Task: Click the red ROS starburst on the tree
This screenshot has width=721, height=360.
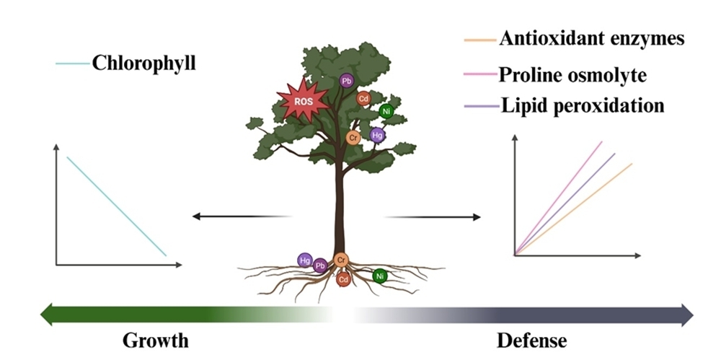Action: pyautogui.click(x=303, y=102)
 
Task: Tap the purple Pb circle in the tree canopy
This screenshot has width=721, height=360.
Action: pyautogui.click(x=347, y=81)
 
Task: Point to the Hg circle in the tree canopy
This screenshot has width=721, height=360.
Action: pyautogui.click(x=377, y=134)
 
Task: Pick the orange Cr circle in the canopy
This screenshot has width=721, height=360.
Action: pyautogui.click(x=353, y=137)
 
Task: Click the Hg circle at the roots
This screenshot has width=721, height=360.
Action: pyautogui.click(x=306, y=260)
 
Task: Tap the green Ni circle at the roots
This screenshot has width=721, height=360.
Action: pyautogui.click(x=380, y=275)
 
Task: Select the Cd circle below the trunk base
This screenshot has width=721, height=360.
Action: pyautogui.click(x=343, y=278)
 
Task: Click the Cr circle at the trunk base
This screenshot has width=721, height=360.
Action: pyautogui.click(x=342, y=260)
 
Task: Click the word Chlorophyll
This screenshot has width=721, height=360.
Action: pyautogui.click(x=144, y=63)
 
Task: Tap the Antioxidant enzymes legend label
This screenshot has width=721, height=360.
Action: pyautogui.click(x=591, y=39)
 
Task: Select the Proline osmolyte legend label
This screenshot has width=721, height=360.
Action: pyautogui.click(x=572, y=74)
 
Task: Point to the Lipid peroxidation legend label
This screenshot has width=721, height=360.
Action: pyautogui.click(x=581, y=105)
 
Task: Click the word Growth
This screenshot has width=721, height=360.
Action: pyautogui.click(x=155, y=340)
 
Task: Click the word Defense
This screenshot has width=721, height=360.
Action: pyautogui.click(x=532, y=340)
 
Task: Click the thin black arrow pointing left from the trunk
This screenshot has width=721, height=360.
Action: pyautogui.click(x=242, y=216)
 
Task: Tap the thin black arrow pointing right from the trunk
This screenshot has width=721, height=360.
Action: pyautogui.click(x=433, y=216)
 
